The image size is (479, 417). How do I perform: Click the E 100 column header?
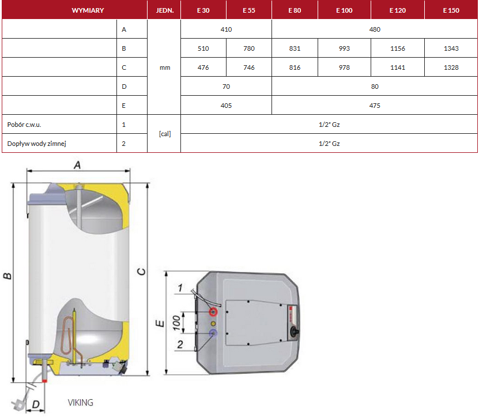point(344,10)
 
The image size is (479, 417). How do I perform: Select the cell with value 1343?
point(451,48)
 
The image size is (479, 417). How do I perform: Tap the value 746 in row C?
point(249,67)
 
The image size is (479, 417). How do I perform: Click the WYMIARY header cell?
point(88,10)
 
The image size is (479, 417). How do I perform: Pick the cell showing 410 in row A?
point(226,29)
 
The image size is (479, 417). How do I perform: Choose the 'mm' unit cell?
point(164,67)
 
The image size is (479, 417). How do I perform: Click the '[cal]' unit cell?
point(164,134)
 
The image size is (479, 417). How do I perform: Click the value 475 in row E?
point(375,106)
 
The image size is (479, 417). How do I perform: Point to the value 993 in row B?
point(344,48)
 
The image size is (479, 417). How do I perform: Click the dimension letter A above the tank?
point(77,165)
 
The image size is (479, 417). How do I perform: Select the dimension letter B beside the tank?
point(7,276)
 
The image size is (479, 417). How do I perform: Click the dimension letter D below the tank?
point(36,405)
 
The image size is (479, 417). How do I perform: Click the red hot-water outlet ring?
point(214,312)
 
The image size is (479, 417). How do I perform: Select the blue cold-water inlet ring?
point(213,333)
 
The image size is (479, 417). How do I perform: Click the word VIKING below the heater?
point(80,403)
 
